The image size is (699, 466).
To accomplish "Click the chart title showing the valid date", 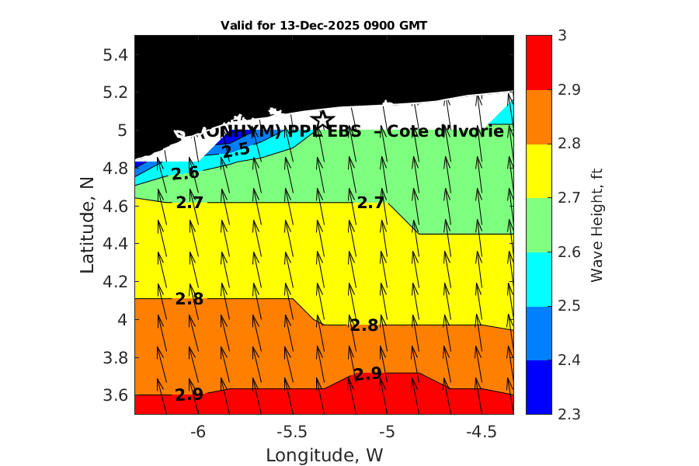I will coord(324,26).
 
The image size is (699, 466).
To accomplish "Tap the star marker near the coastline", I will coord(322,120).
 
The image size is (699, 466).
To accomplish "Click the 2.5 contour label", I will coord(235,150).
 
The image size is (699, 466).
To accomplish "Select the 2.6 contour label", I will coord(186,173).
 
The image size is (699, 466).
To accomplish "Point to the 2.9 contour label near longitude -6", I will coord(189,395).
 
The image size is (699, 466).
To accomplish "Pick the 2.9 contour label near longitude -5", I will coord(367,374).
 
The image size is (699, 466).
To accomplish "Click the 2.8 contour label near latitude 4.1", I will coord(190,299).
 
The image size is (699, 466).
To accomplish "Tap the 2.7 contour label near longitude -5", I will coord(370,203).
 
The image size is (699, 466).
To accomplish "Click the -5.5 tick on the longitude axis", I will coord(293,431).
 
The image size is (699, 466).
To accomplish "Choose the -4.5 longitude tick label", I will coord(482,431).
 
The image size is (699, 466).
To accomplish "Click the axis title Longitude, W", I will coord(324,454).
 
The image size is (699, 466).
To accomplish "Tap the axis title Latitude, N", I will coord(87,225).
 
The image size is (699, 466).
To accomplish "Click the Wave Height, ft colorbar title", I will coord(596,225).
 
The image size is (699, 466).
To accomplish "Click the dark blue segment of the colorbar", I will coord(538,387).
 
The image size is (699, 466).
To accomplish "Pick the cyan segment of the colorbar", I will coord(538,279).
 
